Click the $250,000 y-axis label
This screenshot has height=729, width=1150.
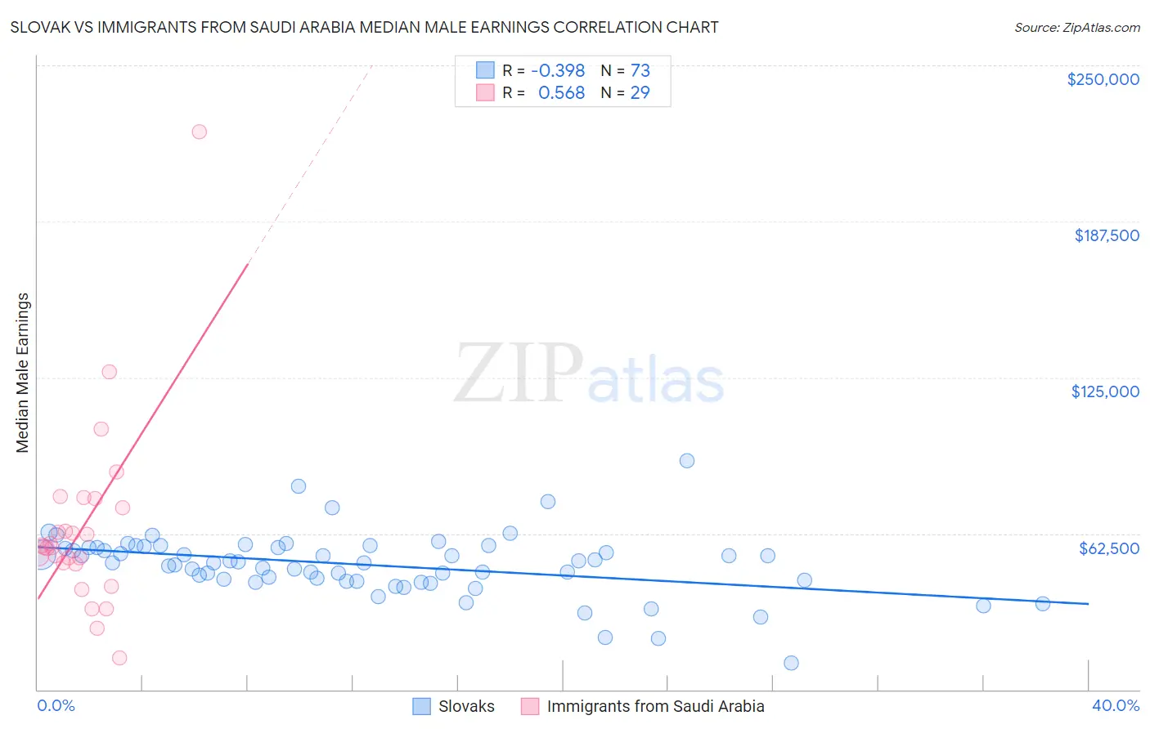point(1103,79)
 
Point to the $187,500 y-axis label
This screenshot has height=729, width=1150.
point(1106,235)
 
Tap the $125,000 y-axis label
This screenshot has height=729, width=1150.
point(1105,391)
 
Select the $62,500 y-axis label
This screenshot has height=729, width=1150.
point(1108,548)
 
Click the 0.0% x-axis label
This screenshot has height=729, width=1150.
point(56,705)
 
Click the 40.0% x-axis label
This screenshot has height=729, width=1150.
point(1115,705)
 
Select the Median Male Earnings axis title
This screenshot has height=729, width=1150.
point(23,373)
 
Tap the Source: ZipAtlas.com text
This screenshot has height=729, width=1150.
point(1076,27)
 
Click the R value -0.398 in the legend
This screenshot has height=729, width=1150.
point(558,71)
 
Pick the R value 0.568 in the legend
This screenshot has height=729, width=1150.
point(561,93)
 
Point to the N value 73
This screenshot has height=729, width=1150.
point(640,71)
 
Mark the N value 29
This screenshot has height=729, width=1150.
point(640,93)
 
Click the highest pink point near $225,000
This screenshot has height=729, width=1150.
point(199,132)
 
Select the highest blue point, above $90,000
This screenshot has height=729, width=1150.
point(687,461)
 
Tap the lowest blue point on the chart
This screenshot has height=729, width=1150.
point(791,663)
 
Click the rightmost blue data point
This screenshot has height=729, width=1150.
point(1043,604)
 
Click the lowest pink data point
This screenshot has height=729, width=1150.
point(119,658)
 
